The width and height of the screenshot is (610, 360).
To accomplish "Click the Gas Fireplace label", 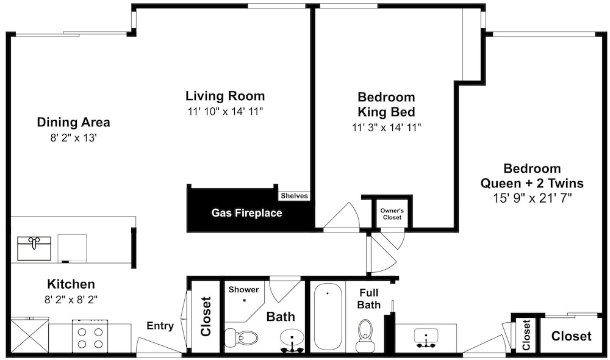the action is pyautogui.click(x=246, y=213).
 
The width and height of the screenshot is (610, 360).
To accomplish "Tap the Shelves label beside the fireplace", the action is pyautogui.click(x=294, y=196).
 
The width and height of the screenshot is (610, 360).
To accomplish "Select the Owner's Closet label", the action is pyautogui.click(x=392, y=214).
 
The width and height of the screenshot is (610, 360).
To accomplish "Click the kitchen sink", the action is pyautogui.click(x=34, y=248).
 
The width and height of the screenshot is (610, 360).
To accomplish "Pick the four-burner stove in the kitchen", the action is pyautogui.click(x=90, y=336).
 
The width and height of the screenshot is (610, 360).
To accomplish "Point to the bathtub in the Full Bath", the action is pyautogui.click(x=328, y=317).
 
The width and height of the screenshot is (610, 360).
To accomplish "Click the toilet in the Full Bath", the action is pyautogui.click(x=365, y=336).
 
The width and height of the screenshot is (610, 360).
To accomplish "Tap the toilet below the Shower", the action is pyautogui.click(x=241, y=338).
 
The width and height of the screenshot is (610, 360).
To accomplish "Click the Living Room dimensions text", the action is pyautogui.click(x=226, y=112).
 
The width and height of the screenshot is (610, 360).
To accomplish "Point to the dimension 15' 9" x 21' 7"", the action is pyautogui.click(x=532, y=198).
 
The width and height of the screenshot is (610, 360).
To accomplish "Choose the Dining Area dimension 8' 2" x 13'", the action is pyautogui.click(x=73, y=138).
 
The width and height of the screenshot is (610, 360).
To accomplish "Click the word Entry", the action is pyautogui.click(x=160, y=326).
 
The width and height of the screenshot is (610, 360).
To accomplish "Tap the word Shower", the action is pyautogui.click(x=243, y=290).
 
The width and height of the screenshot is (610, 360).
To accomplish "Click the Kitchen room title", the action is pyautogui.click(x=71, y=284).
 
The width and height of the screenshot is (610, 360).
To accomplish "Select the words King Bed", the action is pyautogui.click(x=386, y=112).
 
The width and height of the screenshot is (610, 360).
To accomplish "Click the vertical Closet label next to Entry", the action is pyautogui.click(x=206, y=317).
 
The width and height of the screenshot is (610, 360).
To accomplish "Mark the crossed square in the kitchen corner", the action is pyautogui.click(x=29, y=336).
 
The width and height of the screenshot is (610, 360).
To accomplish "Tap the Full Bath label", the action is pyautogui.click(x=369, y=298).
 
